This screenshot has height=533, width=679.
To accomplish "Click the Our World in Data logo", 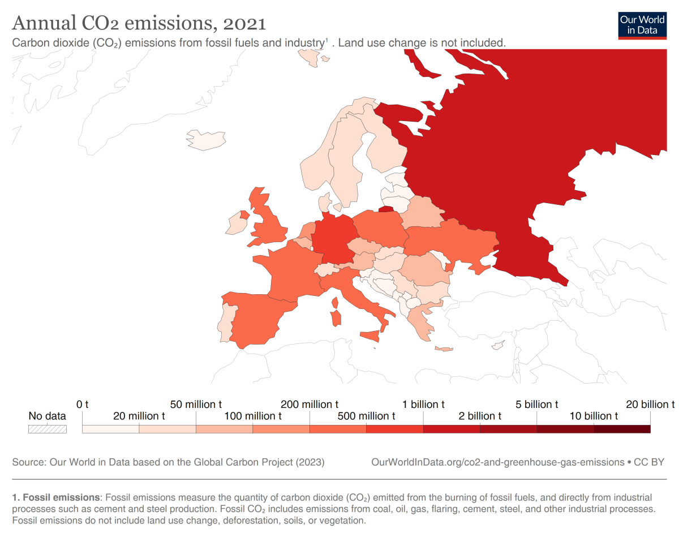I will [642, 24].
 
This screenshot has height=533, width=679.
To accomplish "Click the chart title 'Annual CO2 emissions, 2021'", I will [139, 23].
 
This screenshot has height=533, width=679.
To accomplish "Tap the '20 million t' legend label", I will [139, 416].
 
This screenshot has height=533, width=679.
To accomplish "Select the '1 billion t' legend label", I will [423, 405].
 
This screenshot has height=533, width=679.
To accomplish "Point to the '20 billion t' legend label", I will [650, 405].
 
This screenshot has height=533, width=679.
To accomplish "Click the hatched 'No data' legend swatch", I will [48, 429].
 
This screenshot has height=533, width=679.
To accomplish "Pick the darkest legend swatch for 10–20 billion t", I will [622, 429].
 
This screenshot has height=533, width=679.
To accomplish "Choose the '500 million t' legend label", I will [366, 416].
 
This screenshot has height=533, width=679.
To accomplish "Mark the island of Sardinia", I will [336, 317].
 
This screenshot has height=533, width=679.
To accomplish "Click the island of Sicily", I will [371, 336].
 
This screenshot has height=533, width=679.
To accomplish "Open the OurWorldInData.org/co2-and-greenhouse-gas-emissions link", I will [497, 462].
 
